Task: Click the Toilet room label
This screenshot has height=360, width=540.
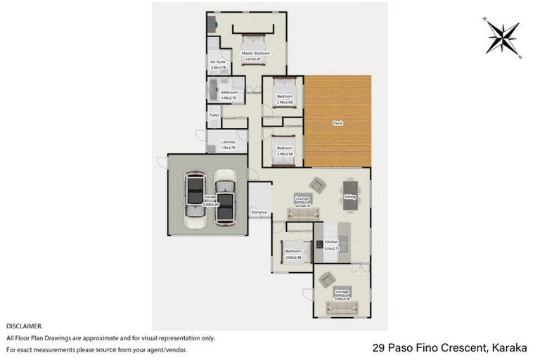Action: (214, 115)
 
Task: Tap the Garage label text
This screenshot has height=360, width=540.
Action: (210, 197)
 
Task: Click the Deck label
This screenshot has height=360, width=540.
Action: (337, 124)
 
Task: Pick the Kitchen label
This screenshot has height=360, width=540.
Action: (331, 243)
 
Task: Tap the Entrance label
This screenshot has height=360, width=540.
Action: (259, 211)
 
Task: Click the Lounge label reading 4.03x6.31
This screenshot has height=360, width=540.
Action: (302, 200)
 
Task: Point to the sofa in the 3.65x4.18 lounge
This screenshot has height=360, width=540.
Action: (342, 307)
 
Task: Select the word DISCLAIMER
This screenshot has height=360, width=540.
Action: (25, 326)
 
